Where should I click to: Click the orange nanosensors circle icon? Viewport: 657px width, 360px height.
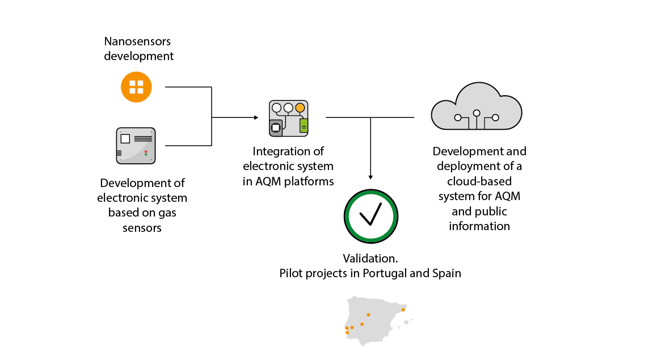[137, 87]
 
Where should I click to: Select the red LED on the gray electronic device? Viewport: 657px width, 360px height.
[146, 151]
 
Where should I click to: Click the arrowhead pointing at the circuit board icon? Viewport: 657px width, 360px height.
[256, 118]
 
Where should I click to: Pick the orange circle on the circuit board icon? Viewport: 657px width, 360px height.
[300, 107]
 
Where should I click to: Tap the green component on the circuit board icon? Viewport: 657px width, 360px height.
[304, 125]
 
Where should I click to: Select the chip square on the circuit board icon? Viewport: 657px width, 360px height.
[276, 128]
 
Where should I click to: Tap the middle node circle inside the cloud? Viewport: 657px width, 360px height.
[477, 113]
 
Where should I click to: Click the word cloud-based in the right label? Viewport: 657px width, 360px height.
[479, 181]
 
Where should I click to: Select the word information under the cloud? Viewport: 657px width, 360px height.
[479, 226]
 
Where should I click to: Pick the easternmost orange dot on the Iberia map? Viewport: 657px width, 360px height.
[403, 310]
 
